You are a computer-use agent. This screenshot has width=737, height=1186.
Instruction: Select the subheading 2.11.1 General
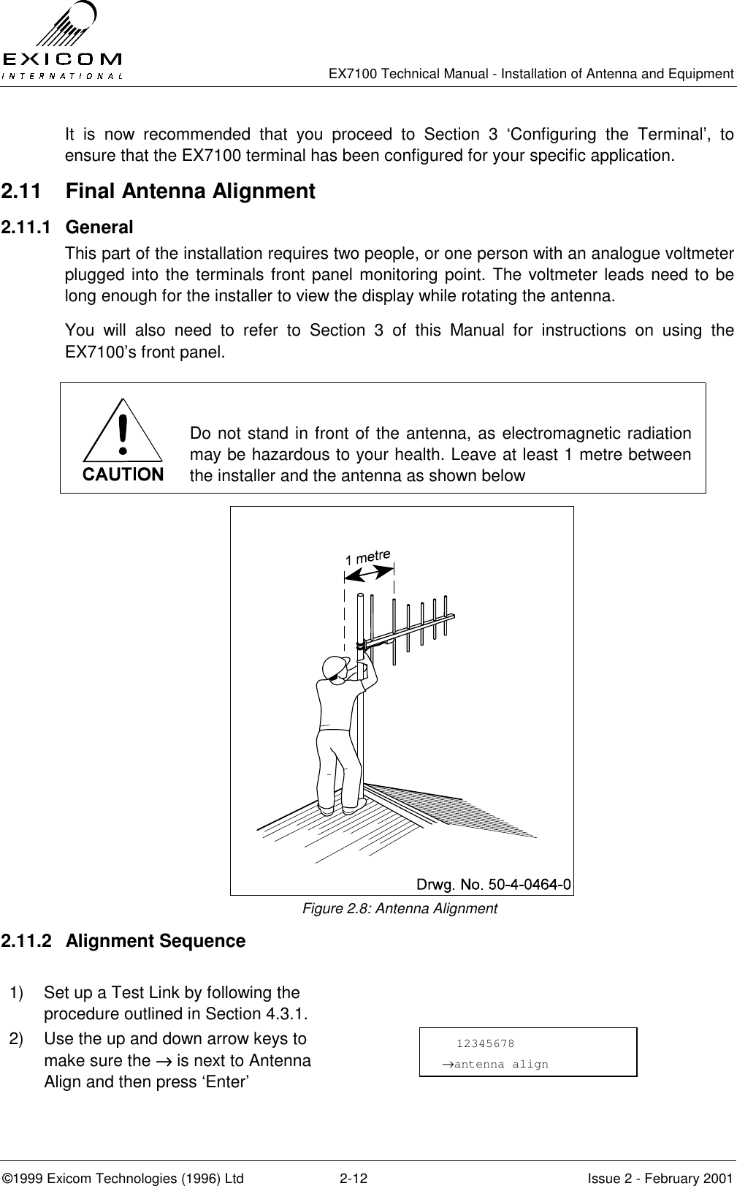(99, 227)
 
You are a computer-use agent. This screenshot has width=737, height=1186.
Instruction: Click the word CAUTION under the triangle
(123, 475)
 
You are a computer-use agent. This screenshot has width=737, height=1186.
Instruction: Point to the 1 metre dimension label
(368, 556)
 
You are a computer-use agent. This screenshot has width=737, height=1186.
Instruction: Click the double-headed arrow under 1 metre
(369, 574)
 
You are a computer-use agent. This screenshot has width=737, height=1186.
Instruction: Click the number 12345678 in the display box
(485, 1043)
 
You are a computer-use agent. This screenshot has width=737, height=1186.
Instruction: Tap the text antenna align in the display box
(500, 1064)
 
